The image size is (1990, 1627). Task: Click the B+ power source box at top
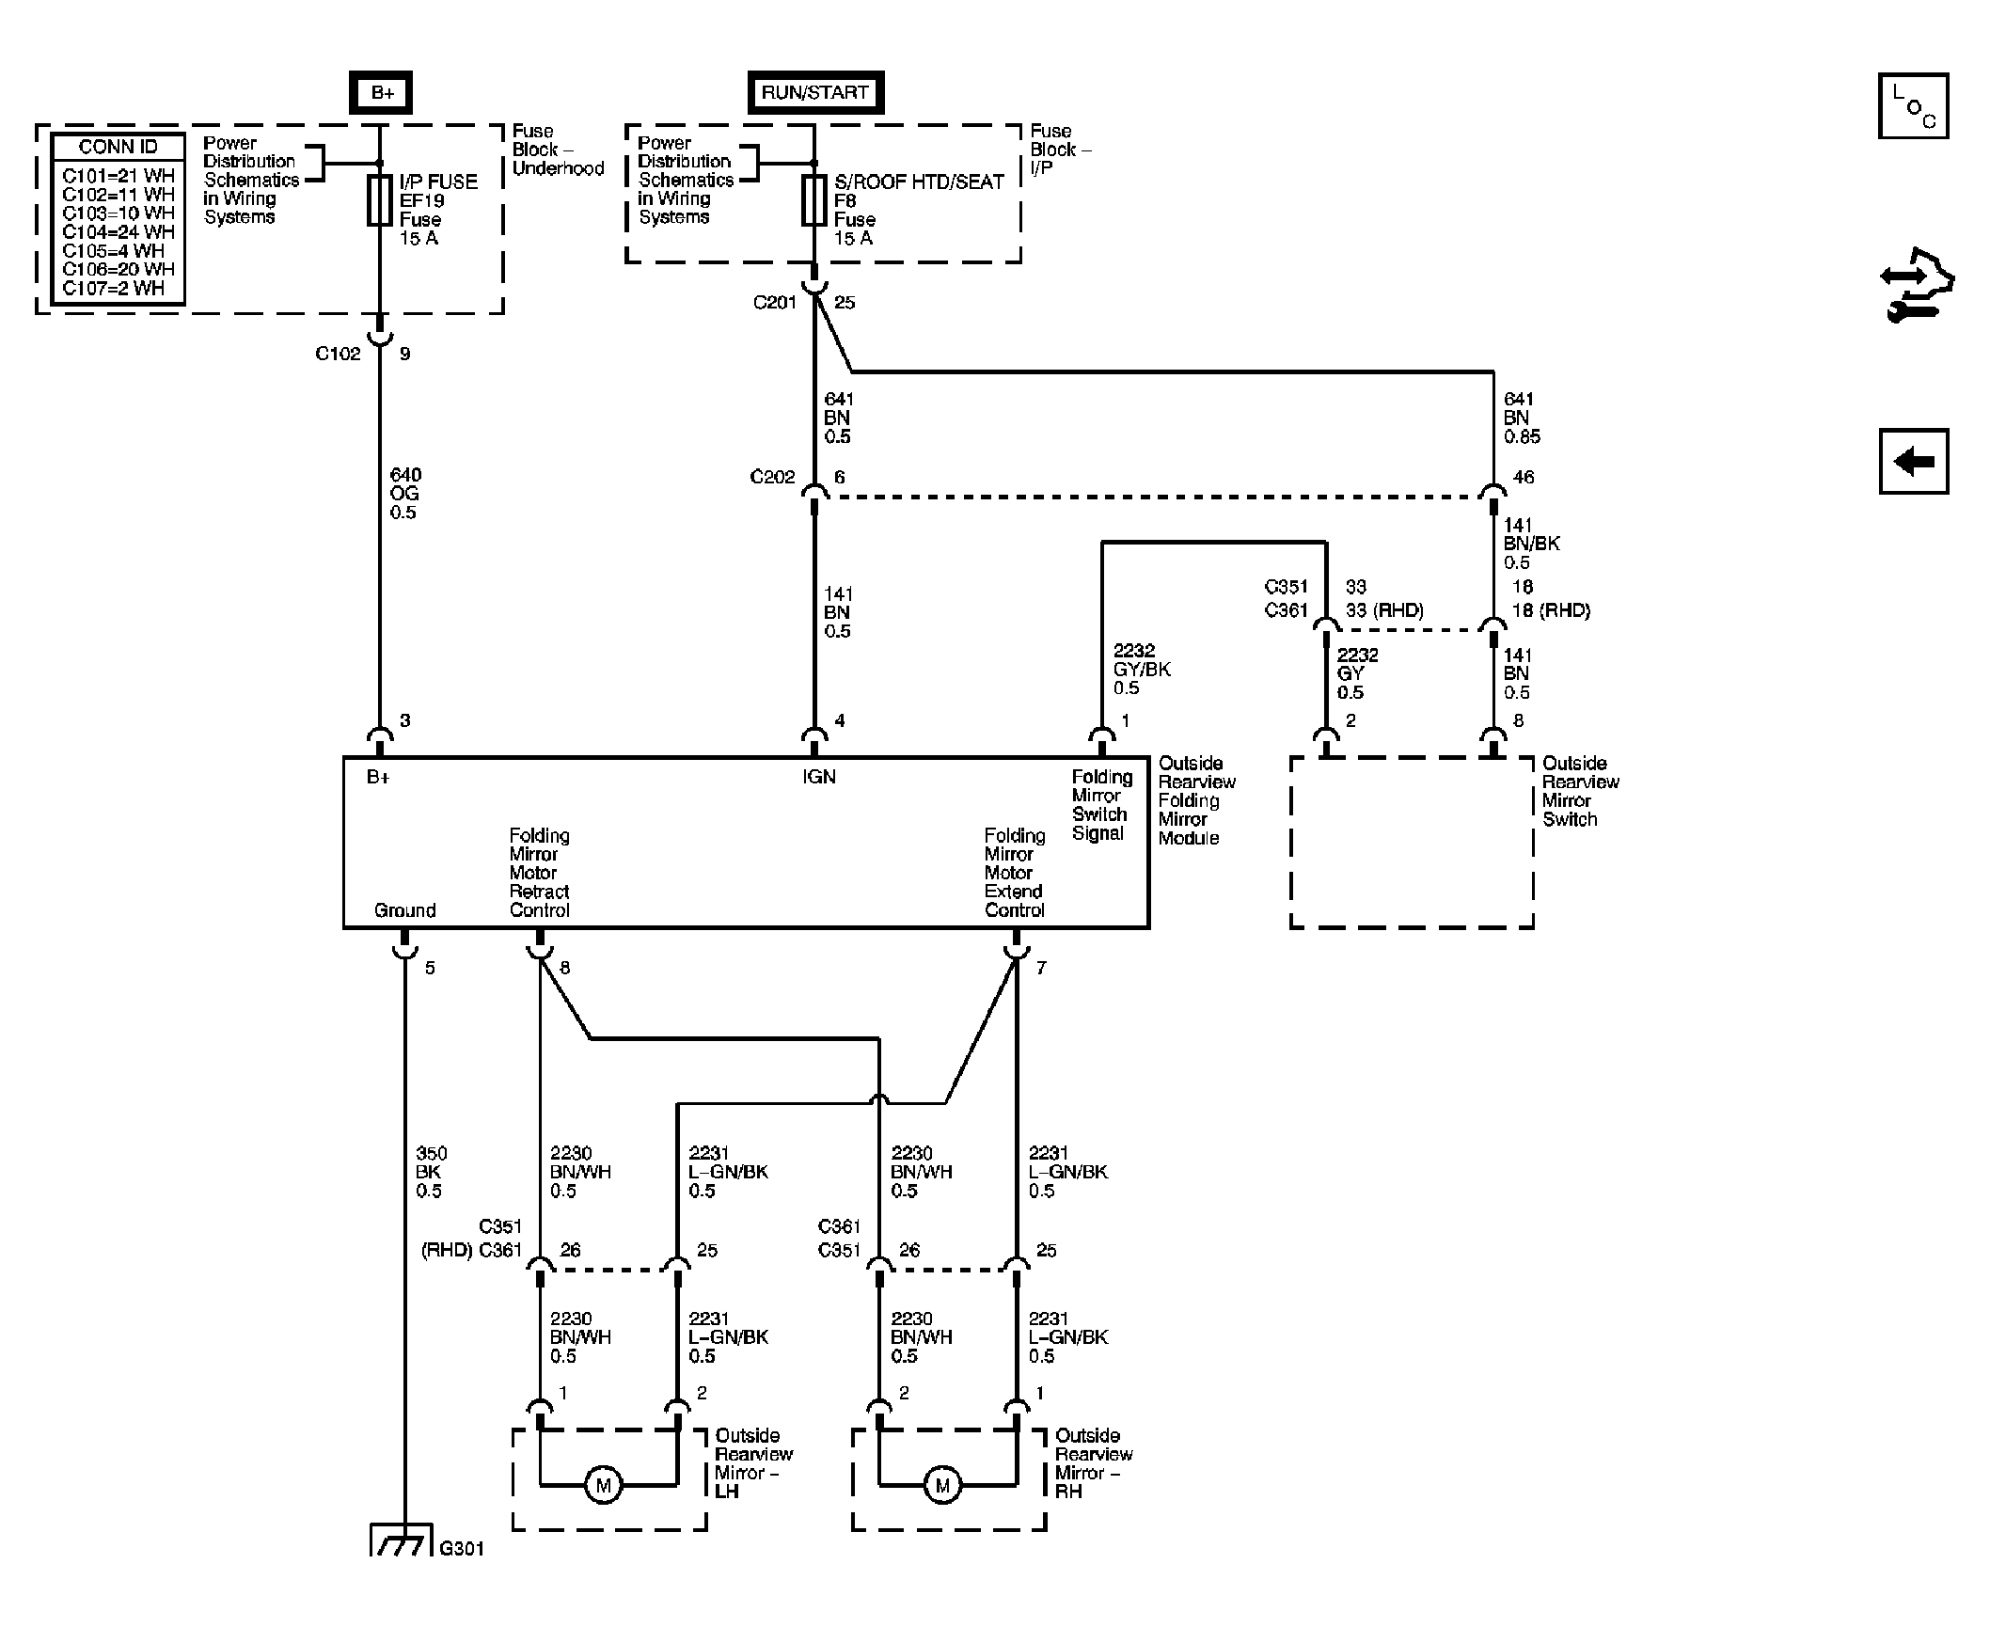tap(380, 92)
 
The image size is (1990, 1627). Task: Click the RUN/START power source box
tap(815, 92)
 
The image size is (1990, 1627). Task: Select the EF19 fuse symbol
tap(380, 199)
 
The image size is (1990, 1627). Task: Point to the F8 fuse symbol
tap(814, 199)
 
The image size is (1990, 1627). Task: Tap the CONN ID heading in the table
tap(118, 147)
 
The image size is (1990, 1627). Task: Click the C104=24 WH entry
tap(118, 231)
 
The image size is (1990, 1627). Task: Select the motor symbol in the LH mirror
tap(603, 1486)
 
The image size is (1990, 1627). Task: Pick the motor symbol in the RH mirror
tap(942, 1486)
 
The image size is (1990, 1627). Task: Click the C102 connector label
tap(338, 354)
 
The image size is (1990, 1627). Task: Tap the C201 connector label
tap(775, 302)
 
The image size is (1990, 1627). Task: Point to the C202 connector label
tap(772, 477)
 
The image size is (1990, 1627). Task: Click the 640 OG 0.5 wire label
tap(405, 494)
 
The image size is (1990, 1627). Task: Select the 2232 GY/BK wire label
tap(1142, 669)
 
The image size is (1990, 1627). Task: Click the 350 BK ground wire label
tap(431, 1172)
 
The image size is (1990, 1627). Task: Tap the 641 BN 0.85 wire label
tap(1522, 418)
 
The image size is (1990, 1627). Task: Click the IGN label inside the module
tap(818, 777)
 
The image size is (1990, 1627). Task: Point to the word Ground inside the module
tap(404, 910)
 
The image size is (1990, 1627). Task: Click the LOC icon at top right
tap(1913, 105)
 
